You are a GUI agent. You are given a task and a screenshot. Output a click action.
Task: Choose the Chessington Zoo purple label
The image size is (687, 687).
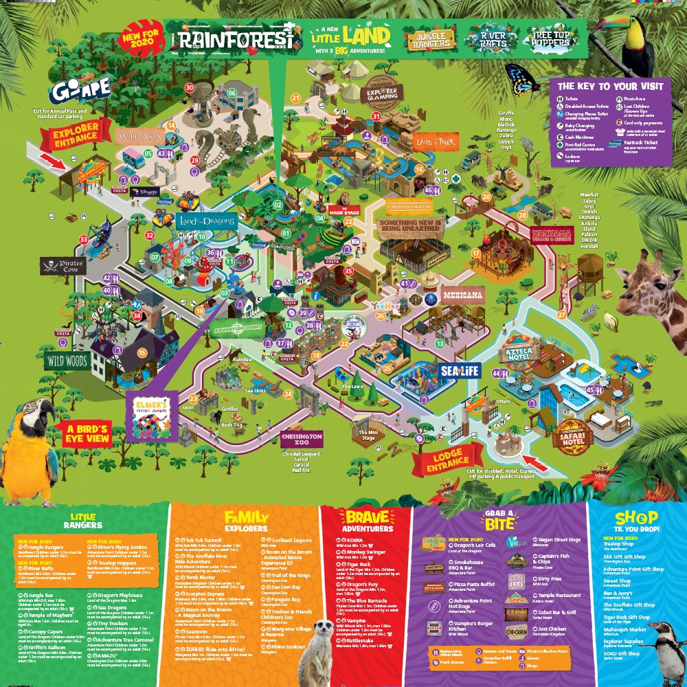click(x=302, y=439)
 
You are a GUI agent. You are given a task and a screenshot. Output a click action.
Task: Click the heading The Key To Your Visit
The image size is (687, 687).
click(x=610, y=87)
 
